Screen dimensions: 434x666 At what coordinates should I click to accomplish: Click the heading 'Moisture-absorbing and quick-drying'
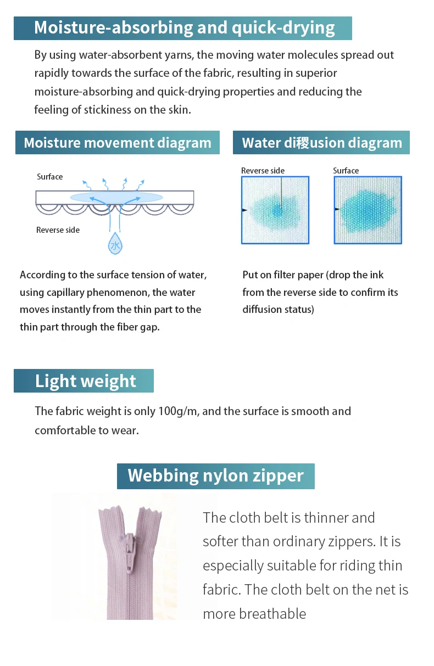click(x=184, y=28)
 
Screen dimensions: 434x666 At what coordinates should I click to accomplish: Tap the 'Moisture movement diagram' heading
click(x=118, y=143)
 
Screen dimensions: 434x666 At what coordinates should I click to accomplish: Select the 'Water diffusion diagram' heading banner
click(x=322, y=143)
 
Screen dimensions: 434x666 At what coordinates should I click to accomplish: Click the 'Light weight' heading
click(x=85, y=381)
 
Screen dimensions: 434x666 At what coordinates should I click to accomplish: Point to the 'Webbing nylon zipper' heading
click(x=215, y=475)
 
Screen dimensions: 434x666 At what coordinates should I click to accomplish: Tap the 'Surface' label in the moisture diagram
click(x=49, y=177)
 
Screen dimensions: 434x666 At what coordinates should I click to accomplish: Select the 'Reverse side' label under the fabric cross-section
click(x=58, y=230)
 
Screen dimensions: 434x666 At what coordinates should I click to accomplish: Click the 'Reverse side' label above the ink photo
click(x=263, y=171)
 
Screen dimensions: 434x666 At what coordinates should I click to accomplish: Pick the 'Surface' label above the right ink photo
click(x=346, y=171)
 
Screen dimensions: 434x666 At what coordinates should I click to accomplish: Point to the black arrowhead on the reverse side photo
click(x=244, y=210)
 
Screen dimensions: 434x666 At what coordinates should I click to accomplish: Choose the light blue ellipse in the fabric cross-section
click(x=116, y=197)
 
